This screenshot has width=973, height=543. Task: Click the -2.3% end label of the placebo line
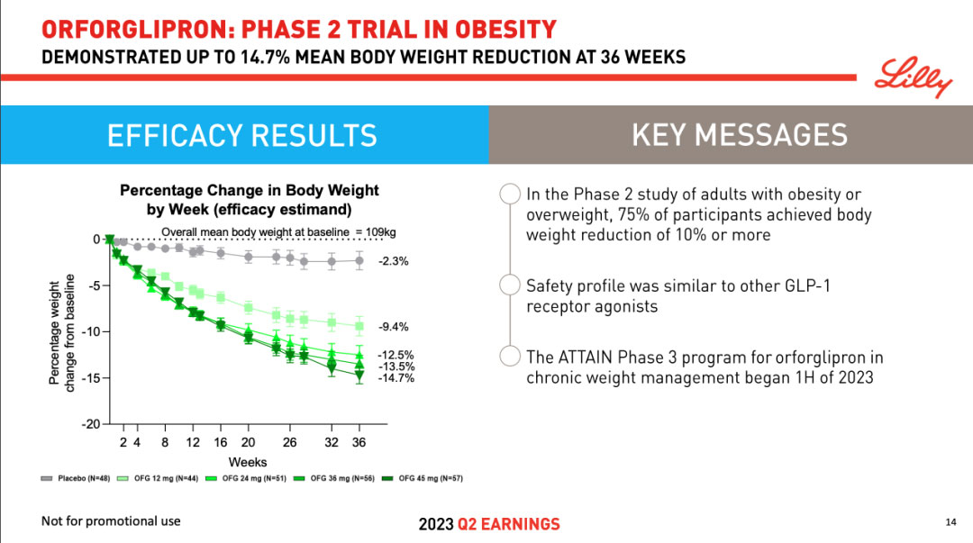point(395,261)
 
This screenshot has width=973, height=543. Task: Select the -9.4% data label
point(395,327)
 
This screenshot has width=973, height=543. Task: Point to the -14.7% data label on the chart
point(396,378)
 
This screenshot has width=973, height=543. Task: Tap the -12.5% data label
point(396,356)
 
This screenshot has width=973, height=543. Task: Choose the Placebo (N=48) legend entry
point(76,478)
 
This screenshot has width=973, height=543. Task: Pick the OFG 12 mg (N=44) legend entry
point(154,478)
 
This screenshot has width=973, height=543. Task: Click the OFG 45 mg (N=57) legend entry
point(423,478)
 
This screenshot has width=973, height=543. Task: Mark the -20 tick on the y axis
point(90,423)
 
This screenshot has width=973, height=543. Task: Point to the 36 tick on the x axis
point(359,442)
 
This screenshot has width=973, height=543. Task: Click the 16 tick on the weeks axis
point(221,442)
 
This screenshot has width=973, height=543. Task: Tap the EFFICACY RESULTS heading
point(241,135)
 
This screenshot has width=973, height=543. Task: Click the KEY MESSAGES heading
point(739,135)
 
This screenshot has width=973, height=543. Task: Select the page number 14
point(950,522)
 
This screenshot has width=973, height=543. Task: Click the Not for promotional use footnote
point(111,521)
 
